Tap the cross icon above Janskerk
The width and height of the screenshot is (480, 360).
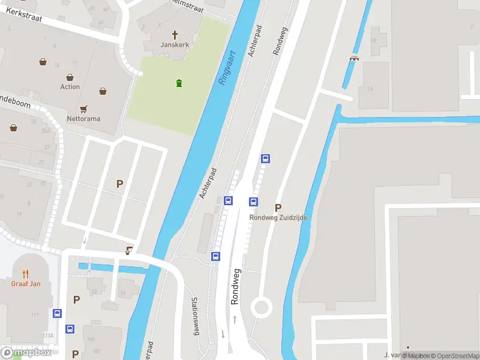coord(176,35)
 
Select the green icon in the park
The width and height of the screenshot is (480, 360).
coord(179,83)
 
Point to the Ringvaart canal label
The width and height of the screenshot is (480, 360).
coord(226,67)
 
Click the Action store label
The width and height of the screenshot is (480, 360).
coord(70,87)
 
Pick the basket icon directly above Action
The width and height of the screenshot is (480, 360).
coord(70,77)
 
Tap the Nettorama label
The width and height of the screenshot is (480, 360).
coord(83,119)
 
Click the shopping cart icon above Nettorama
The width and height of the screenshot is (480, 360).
coord(84,109)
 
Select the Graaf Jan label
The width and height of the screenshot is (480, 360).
coord(25,284)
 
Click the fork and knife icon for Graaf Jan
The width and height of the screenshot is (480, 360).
coord(25,274)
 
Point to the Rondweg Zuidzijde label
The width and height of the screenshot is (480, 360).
coord(278,218)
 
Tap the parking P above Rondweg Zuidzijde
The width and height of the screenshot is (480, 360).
coord(278,208)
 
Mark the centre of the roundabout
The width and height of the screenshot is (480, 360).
coord(262,308)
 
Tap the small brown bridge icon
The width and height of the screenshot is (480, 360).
coord(354,58)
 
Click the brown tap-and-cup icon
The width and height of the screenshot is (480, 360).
coord(128,251)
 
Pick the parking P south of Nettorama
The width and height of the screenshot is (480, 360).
coord(120,184)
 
